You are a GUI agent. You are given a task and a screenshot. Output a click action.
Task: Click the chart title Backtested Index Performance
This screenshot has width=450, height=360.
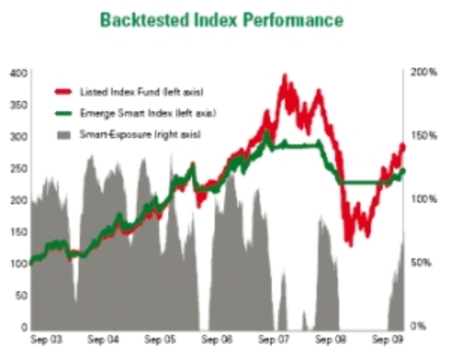pyautogui.click(x=221, y=20)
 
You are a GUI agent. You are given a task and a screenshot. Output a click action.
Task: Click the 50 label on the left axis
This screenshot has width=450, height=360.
pyautogui.click(x=22, y=295)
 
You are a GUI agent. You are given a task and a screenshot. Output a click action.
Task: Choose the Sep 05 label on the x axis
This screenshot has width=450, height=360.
pyautogui.click(x=159, y=340)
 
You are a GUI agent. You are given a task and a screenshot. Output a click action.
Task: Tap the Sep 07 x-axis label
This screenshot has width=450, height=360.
pyautogui.click(x=272, y=340)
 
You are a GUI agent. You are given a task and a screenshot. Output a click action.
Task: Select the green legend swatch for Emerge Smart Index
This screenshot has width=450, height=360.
pyautogui.click(x=64, y=113)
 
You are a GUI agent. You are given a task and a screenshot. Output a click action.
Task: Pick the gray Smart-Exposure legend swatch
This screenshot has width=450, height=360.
pyautogui.click(x=64, y=134)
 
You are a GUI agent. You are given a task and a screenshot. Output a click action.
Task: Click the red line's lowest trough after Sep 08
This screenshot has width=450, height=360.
pyautogui.click(x=350, y=243)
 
